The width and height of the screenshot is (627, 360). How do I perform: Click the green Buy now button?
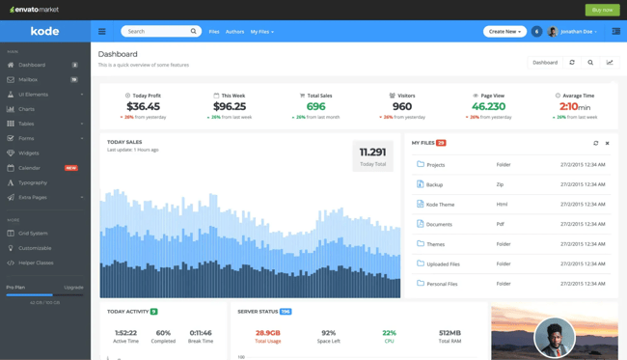pos(602,10)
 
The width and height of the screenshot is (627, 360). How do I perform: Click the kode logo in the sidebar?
pos(44,32)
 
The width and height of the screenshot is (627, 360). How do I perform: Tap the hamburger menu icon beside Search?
pos(102,32)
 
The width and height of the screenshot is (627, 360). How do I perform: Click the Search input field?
pos(155,32)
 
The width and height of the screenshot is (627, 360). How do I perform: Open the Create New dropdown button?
pos(504,32)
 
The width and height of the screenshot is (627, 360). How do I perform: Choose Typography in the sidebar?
pos(33,182)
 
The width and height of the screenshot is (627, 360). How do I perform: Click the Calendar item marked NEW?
pos(30,168)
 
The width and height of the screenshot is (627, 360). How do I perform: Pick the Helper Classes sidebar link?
pos(37,263)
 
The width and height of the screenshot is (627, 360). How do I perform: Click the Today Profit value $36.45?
pos(143,106)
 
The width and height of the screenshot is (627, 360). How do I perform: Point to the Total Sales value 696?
pos(316,106)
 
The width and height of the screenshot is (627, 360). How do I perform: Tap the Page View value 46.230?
pos(488,106)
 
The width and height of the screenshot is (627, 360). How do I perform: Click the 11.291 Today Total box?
pos(372,156)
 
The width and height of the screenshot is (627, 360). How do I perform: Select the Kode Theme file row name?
pos(440,205)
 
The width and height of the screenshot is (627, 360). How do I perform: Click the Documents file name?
pos(439,224)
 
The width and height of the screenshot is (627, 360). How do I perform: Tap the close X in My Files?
pos(607,143)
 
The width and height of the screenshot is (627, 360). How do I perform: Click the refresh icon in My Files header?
pos(595,143)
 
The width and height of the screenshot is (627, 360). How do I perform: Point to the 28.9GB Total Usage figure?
pos(268,333)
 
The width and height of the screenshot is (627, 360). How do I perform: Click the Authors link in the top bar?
pos(234,32)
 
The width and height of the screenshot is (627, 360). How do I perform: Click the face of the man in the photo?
pos(554,334)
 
